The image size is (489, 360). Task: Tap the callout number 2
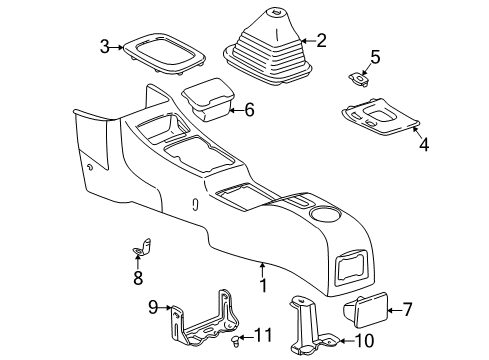click(321, 41)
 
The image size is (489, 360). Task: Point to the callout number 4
click(423, 145)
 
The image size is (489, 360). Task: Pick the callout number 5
click(374, 57)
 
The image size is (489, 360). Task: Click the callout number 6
click(249, 110)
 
